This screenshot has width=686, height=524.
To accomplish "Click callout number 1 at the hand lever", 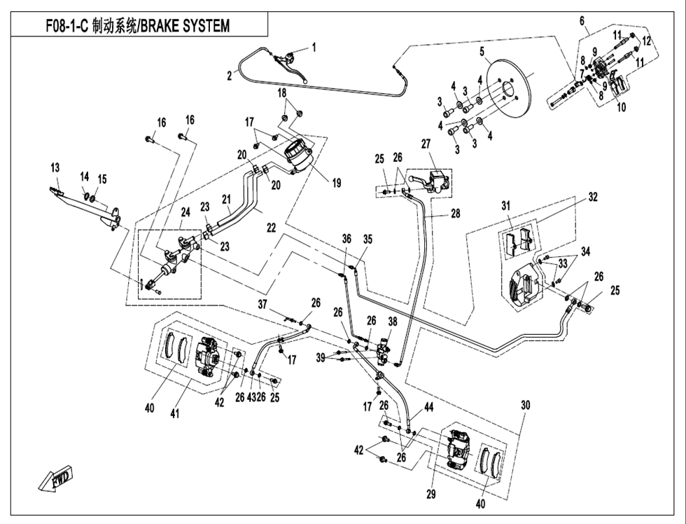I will [314, 48].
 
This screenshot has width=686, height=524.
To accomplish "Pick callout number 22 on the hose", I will [271, 228].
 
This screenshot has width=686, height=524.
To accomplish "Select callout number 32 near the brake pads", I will [592, 197].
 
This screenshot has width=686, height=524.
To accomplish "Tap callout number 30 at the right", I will [525, 404].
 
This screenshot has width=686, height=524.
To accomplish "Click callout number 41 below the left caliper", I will [174, 414].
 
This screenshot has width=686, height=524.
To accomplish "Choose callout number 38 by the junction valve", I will [392, 322].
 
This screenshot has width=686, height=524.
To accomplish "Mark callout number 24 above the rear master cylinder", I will [185, 212].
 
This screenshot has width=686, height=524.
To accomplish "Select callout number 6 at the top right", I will [582, 21].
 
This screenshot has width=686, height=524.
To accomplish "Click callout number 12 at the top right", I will [647, 41].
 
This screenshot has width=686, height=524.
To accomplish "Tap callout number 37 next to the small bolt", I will [262, 304].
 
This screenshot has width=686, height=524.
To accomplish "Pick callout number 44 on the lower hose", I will [428, 406].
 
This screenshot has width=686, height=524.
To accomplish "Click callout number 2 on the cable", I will [229, 76].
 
